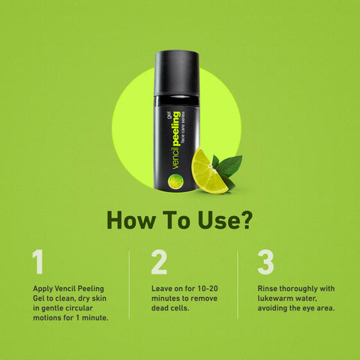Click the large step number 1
coord(38,262)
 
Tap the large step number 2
coord(159,262)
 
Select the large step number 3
coord(265,262)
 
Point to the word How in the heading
coord(130,220)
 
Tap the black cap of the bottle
coord(177,73)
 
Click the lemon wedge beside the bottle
coord(208,172)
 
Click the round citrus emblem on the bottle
coord(175,181)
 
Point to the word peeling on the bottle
coord(176,129)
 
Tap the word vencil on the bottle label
coord(176,158)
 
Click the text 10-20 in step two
coord(208,289)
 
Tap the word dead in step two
coord(160,308)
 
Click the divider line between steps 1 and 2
coord(129,284)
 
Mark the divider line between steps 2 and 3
coord(238,284)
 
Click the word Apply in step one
coord(43,289)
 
